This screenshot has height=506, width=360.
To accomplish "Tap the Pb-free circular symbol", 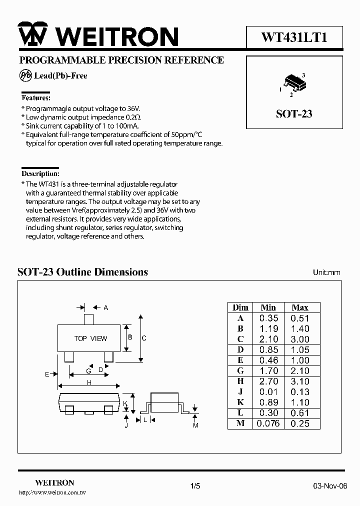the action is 25,75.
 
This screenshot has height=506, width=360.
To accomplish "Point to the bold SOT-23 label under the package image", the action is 294,114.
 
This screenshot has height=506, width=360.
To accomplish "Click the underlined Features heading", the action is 35,98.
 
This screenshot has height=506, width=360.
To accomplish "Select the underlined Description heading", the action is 40,174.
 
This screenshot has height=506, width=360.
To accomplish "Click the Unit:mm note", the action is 326,272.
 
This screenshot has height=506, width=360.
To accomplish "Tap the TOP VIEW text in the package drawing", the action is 90,338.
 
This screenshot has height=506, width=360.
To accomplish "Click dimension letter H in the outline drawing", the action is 89,383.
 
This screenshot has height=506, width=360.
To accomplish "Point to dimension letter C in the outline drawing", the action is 144,338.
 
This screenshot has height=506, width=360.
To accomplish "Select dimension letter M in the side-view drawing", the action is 196,425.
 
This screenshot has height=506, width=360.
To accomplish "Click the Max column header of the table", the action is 299,307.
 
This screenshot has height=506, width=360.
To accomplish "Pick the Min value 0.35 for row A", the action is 268,318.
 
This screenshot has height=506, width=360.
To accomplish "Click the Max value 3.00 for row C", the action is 300,339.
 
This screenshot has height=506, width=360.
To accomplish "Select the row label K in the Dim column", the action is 240,402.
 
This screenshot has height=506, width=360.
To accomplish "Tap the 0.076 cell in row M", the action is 268,423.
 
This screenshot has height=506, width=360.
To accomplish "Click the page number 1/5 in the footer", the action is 195,486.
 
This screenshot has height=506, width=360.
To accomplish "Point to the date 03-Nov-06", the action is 330,486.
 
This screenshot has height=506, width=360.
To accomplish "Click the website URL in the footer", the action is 52,493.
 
